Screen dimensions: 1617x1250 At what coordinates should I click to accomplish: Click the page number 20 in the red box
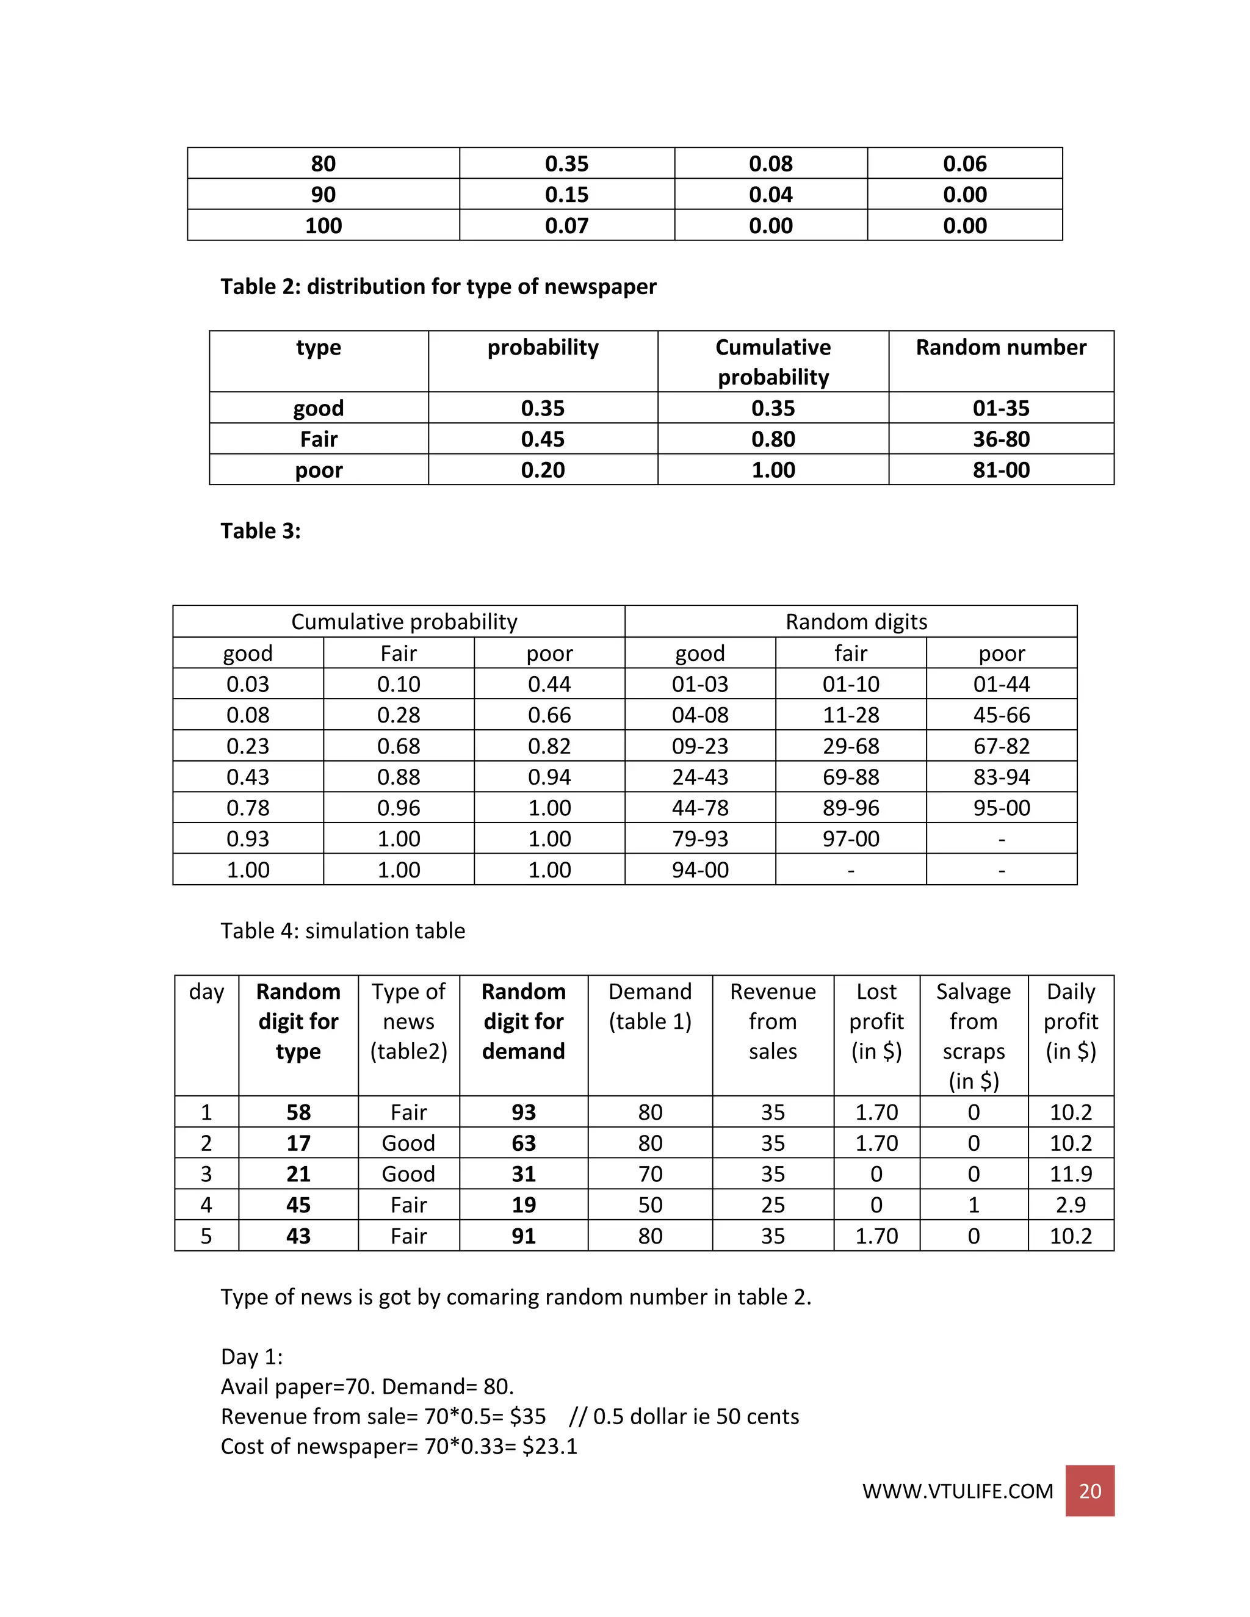click(1089, 1491)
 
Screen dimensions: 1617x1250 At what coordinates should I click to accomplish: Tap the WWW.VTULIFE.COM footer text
click(957, 1491)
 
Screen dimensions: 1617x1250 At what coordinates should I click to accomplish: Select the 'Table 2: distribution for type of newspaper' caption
click(438, 287)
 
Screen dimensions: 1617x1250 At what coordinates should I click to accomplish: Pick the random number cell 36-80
click(1000, 439)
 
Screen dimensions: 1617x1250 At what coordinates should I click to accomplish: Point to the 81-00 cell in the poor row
click(1000, 470)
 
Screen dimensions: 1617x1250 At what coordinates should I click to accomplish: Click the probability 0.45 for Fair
click(542, 439)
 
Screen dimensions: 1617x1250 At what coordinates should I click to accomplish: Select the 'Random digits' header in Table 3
click(856, 622)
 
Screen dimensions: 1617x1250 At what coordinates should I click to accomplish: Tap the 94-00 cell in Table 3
click(700, 870)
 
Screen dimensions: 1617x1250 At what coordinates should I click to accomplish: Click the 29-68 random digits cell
click(850, 746)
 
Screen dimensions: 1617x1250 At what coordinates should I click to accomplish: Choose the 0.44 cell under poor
click(549, 684)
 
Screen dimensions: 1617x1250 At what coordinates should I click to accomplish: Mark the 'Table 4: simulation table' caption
click(343, 931)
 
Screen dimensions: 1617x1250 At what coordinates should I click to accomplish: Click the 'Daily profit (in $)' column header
click(1070, 1021)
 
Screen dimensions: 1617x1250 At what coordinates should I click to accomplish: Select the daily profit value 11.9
click(1070, 1174)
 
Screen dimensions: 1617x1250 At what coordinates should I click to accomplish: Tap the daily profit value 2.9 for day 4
click(1070, 1205)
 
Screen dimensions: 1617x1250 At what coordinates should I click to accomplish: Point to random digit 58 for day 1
click(298, 1112)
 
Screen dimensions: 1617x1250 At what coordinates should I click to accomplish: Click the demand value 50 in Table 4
click(649, 1205)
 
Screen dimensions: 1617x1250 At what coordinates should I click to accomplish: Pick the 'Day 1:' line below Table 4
click(252, 1356)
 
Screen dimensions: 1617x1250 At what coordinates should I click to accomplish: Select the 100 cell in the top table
click(323, 226)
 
